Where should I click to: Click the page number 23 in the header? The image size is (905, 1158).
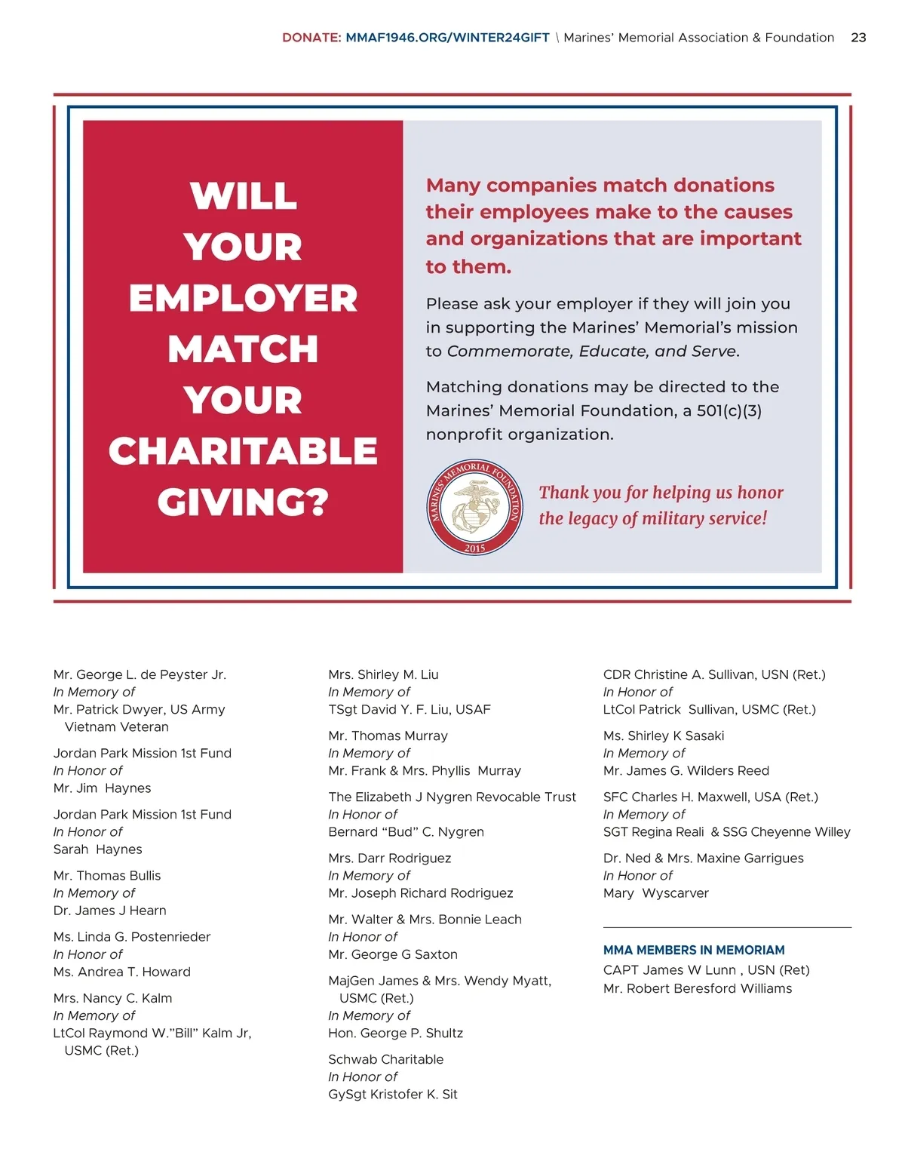(x=858, y=38)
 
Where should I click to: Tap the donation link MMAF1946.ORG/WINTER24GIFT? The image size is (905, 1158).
(x=447, y=38)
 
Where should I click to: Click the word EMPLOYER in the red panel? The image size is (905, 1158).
(x=243, y=298)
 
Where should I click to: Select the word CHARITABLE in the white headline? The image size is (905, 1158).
(x=243, y=451)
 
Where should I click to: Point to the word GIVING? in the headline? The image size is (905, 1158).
(x=243, y=502)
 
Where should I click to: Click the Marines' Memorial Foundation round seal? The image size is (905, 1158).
(x=474, y=507)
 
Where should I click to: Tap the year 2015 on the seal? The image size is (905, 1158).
(x=474, y=548)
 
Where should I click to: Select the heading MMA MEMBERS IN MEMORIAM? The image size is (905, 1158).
(x=694, y=950)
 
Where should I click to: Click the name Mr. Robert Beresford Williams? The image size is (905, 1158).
(x=698, y=988)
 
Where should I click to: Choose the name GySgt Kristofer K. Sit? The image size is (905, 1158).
(x=393, y=1094)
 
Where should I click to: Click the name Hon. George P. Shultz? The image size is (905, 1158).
(x=395, y=1033)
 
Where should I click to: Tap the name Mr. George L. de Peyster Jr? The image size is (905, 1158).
(x=140, y=674)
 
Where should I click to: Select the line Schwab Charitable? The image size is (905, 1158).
(x=385, y=1059)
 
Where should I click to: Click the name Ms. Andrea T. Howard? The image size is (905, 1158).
(x=122, y=972)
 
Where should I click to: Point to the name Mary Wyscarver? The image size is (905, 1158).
(x=656, y=892)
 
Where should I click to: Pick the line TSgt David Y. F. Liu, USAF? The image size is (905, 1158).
(x=410, y=709)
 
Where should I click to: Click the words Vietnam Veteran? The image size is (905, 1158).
(x=117, y=726)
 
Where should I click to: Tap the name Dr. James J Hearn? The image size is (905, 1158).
(x=110, y=911)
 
